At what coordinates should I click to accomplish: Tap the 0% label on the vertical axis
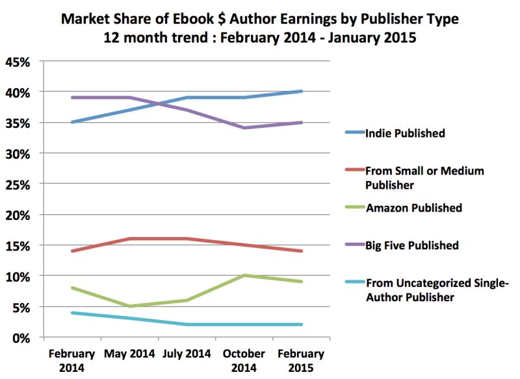[23, 337]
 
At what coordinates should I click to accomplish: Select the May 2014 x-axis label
[129, 354]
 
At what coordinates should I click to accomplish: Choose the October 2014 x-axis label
[244, 360]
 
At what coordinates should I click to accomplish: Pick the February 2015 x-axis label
[301, 360]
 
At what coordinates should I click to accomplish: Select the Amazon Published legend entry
[413, 208]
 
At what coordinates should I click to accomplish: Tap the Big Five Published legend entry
[412, 245]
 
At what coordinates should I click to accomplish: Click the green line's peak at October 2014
[244, 275]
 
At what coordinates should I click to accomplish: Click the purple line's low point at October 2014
[244, 128]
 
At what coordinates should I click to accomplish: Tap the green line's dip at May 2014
[129, 306]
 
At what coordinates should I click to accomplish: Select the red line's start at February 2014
[71, 251]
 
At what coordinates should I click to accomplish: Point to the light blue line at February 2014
[71, 313]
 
